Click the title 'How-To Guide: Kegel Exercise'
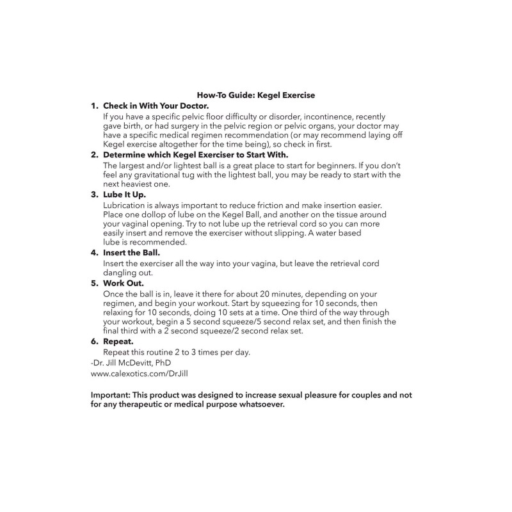(256, 95)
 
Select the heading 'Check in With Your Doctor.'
(156, 106)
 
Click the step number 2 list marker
(94, 155)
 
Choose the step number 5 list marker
(94, 282)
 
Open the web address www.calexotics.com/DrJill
(131, 372)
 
